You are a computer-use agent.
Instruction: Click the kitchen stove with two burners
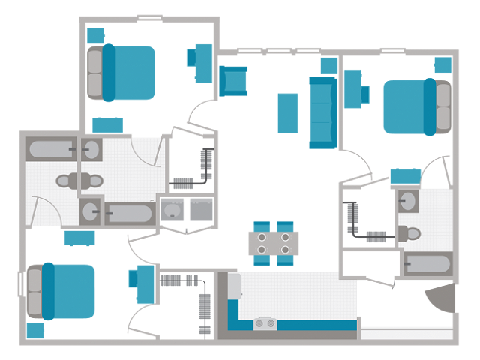pos(265,324)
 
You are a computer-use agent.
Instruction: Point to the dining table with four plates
pos(274,243)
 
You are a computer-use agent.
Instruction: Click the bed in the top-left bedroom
pos(124,73)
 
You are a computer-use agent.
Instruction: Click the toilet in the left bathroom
pos(82,181)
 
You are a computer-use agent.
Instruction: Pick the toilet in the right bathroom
pos(409,232)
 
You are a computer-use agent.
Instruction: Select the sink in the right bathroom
pos(409,201)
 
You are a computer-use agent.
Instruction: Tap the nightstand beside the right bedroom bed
pos(442,65)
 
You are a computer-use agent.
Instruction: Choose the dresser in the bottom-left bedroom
pos(78,238)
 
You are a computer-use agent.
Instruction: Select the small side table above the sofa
pos(328,65)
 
